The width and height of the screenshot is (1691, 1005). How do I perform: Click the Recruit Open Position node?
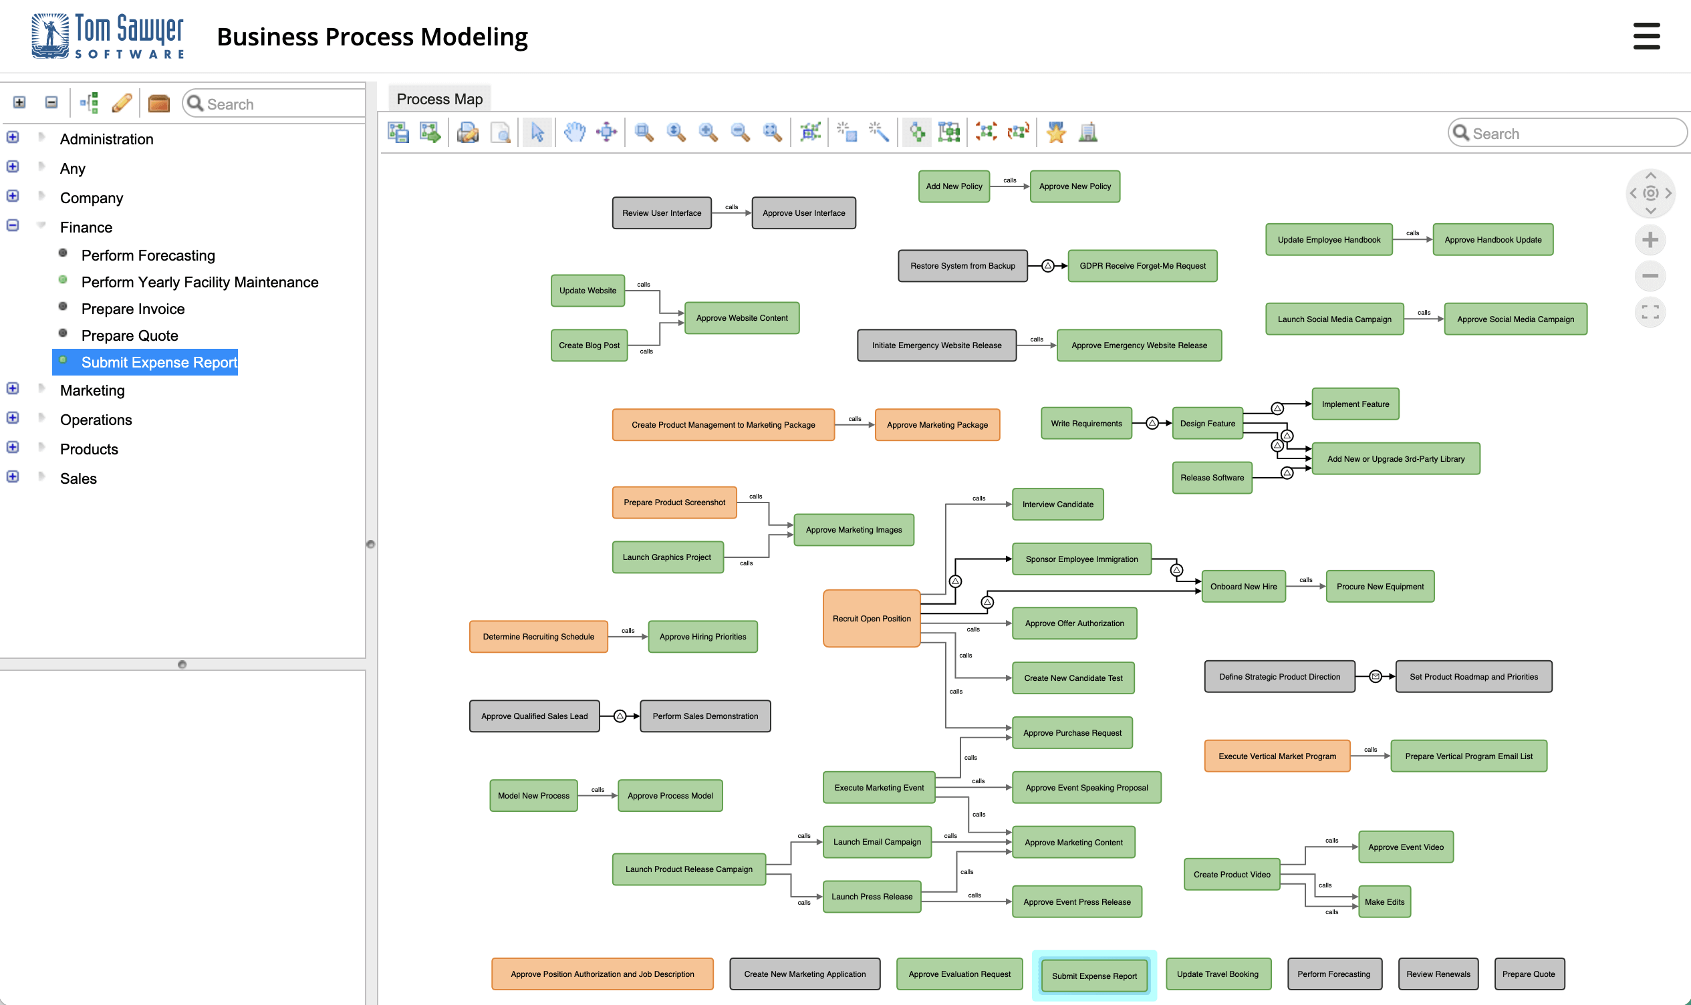871,618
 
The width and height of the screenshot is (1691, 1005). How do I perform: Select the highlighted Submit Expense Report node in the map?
1093,975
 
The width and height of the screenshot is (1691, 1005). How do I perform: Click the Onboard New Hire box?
1243,587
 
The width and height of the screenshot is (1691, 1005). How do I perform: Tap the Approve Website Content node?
741,317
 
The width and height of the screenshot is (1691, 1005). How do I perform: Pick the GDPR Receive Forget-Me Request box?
1142,265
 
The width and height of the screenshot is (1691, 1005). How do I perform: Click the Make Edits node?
1384,901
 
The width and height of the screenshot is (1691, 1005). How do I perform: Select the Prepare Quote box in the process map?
1528,974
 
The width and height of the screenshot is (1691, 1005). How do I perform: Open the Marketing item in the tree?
92,390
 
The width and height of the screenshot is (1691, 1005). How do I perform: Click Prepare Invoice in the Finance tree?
133,309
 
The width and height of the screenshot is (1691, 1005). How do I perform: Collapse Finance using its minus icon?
13,225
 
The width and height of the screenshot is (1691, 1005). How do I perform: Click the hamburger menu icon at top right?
1646,36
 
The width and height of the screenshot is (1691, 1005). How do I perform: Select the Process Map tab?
440,99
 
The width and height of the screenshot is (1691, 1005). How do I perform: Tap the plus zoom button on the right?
1650,240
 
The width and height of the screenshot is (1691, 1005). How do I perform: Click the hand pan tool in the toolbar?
574,132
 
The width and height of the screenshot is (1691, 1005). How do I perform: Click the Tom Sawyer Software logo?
108,36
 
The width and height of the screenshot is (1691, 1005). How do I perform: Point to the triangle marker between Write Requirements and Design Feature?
1151,423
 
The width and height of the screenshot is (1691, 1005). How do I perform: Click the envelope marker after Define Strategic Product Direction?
1375,676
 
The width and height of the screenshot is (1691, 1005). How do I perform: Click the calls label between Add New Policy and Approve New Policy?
1009,180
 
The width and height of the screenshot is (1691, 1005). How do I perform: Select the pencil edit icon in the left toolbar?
122,103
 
